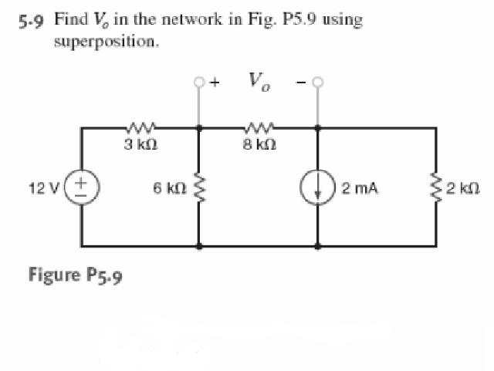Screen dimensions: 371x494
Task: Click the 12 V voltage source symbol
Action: coord(83,187)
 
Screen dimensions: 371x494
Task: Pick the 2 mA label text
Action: coord(359,187)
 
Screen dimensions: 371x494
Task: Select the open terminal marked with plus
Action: coord(201,80)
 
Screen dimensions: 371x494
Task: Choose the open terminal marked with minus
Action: coord(316,80)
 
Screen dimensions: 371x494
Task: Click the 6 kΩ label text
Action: coord(168,187)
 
